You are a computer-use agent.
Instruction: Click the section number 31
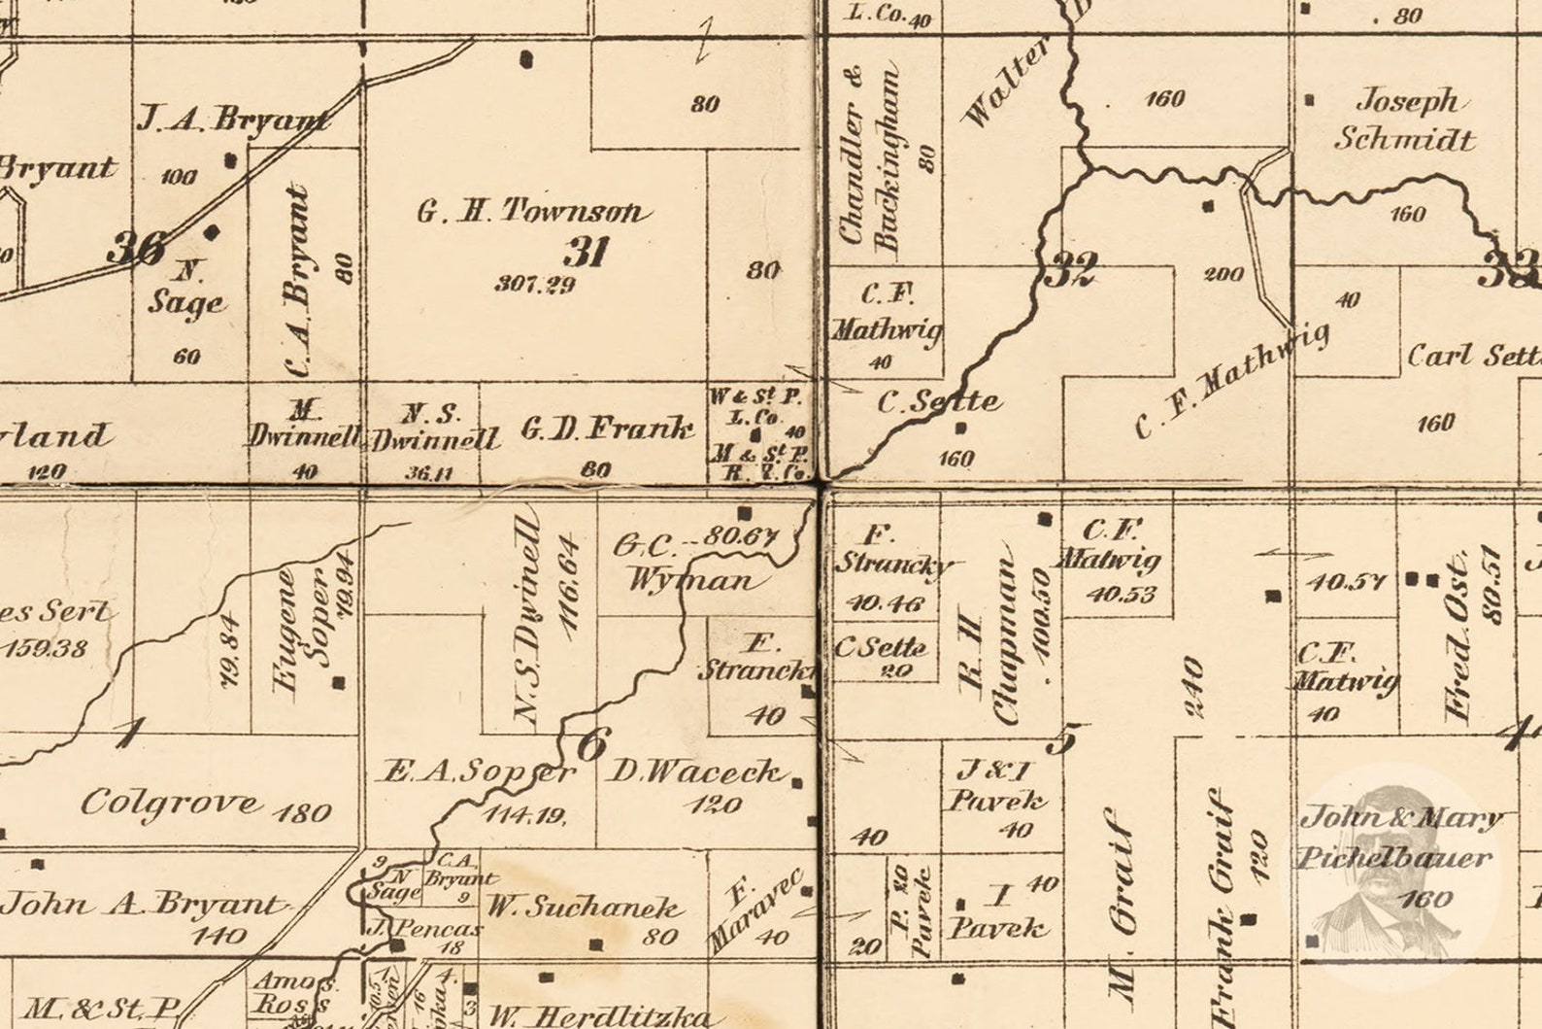tap(586, 252)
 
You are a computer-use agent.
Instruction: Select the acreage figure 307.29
tap(534, 284)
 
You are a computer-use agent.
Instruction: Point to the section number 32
tap(1070, 268)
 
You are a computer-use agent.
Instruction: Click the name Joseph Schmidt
tap(1406, 119)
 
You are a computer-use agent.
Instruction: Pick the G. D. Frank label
tap(608, 429)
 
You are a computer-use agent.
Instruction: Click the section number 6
tap(591, 744)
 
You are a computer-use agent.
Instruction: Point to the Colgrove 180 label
tap(205, 805)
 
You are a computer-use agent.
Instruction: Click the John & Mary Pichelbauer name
tap(1398, 837)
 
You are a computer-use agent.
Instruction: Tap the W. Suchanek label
tap(584, 908)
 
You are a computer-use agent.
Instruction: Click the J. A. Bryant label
tap(231, 120)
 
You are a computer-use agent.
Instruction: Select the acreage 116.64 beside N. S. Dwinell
tap(570, 582)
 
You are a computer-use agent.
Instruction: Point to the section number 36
tap(134, 248)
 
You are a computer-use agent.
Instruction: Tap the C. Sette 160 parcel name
tap(938, 400)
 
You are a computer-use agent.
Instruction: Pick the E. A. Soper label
tap(476, 772)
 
